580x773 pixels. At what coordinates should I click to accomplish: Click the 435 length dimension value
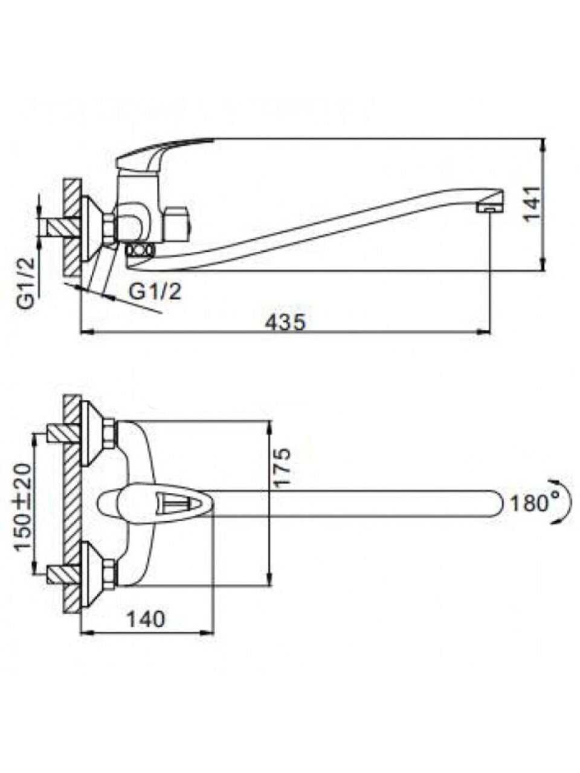[x=285, y=322]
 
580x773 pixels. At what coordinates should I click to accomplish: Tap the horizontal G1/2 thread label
[x=155, y=292]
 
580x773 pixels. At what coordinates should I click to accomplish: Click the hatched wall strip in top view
[x=72, y=502]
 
